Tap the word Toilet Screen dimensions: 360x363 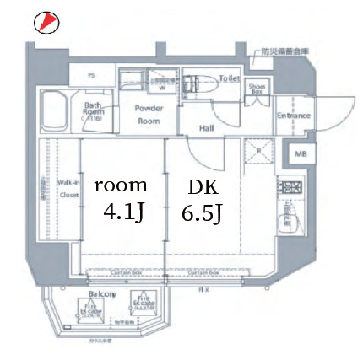(230, 78)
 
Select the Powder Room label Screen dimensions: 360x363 (149, 114)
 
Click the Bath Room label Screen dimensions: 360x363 (93, 110)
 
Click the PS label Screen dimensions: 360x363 (90, 75)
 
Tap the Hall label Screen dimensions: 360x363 (206, 128)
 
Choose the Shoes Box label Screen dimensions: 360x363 (256, 87)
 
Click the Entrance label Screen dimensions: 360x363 (294, 116)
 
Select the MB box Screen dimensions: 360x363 (301, 154)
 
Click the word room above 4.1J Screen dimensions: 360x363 (120, 185)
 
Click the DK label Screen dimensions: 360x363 (202, 186)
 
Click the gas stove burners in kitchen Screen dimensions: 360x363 (291, 188)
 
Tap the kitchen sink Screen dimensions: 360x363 (291, 218)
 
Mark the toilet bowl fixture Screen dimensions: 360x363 (203, 84)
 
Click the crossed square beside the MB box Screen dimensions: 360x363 (257, 154)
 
